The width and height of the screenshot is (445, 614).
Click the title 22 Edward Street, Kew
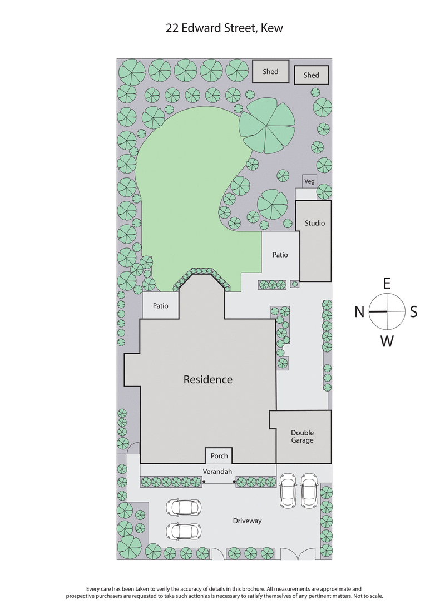click(x=224, y=28)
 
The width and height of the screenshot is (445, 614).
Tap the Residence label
click(x=208, y=380)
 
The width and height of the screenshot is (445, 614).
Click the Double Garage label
click(x=302, y=437)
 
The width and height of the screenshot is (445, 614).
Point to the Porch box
click(x=219, y=456)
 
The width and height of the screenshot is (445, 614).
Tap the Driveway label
click(x=247, y=521)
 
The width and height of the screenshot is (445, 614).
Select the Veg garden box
click(x=309, y=181)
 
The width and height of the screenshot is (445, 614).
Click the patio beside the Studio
click(x=280, y=255)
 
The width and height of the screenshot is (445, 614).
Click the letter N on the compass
click(x=359, y=312)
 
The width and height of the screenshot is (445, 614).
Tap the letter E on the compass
click(x=387, y=283)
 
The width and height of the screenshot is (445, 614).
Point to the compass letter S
click(x=413, y=312)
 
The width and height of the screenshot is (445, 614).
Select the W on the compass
click(x=387, y=341)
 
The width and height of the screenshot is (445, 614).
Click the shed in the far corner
click(x=311, y=75)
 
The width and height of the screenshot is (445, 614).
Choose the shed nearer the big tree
click(x=270, y=72)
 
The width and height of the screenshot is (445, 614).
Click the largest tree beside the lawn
click(x=267, y=126)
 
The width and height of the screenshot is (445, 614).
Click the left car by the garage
click(x=288, y=489)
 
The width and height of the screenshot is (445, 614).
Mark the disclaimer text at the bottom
click(x=224, y=592)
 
